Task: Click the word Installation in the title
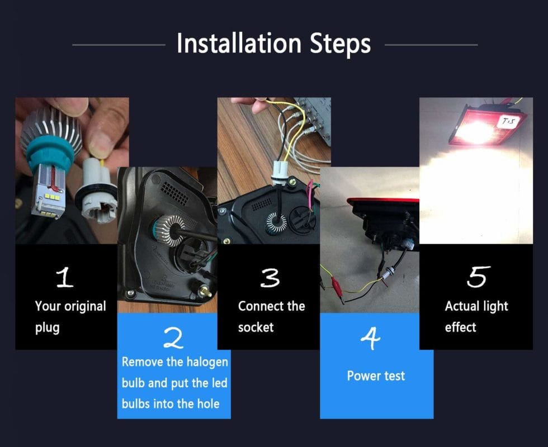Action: tap(239, 44)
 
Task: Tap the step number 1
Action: tap(65, 278)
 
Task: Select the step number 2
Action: tap(173, 338)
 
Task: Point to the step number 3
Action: tap(270, 278)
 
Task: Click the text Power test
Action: tap(376, 375)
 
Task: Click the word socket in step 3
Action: tap(256, 327)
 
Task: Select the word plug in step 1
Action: tap(47, 327)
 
